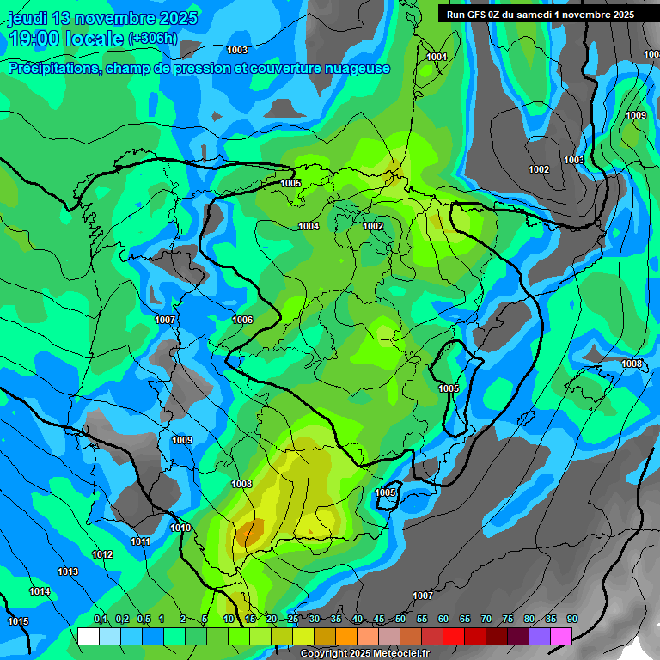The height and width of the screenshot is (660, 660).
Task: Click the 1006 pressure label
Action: (242, 320)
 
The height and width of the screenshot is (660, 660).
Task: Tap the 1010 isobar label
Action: (180, 528)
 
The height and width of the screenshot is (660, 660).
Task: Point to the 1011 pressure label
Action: (140, 541)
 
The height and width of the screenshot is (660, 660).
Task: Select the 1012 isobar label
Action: (102, 554)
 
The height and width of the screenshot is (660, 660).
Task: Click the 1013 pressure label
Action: (68, 571)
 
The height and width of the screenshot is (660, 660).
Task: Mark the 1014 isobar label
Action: (40, 591)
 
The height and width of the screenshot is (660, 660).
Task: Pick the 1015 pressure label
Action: (18, 621)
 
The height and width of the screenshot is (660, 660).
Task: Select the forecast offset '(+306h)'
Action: (152, 39)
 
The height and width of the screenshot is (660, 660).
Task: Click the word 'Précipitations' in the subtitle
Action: (52, 69)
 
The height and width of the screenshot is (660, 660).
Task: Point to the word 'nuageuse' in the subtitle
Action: (358, 69)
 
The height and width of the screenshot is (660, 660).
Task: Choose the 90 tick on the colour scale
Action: (571, 619)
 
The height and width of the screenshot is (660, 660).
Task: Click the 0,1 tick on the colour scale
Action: (100, 619)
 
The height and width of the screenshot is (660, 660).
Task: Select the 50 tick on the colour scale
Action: (400, 619)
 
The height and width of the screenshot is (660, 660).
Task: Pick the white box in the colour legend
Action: (88, 636)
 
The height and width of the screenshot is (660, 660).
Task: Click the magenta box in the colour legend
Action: (560, 636)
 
